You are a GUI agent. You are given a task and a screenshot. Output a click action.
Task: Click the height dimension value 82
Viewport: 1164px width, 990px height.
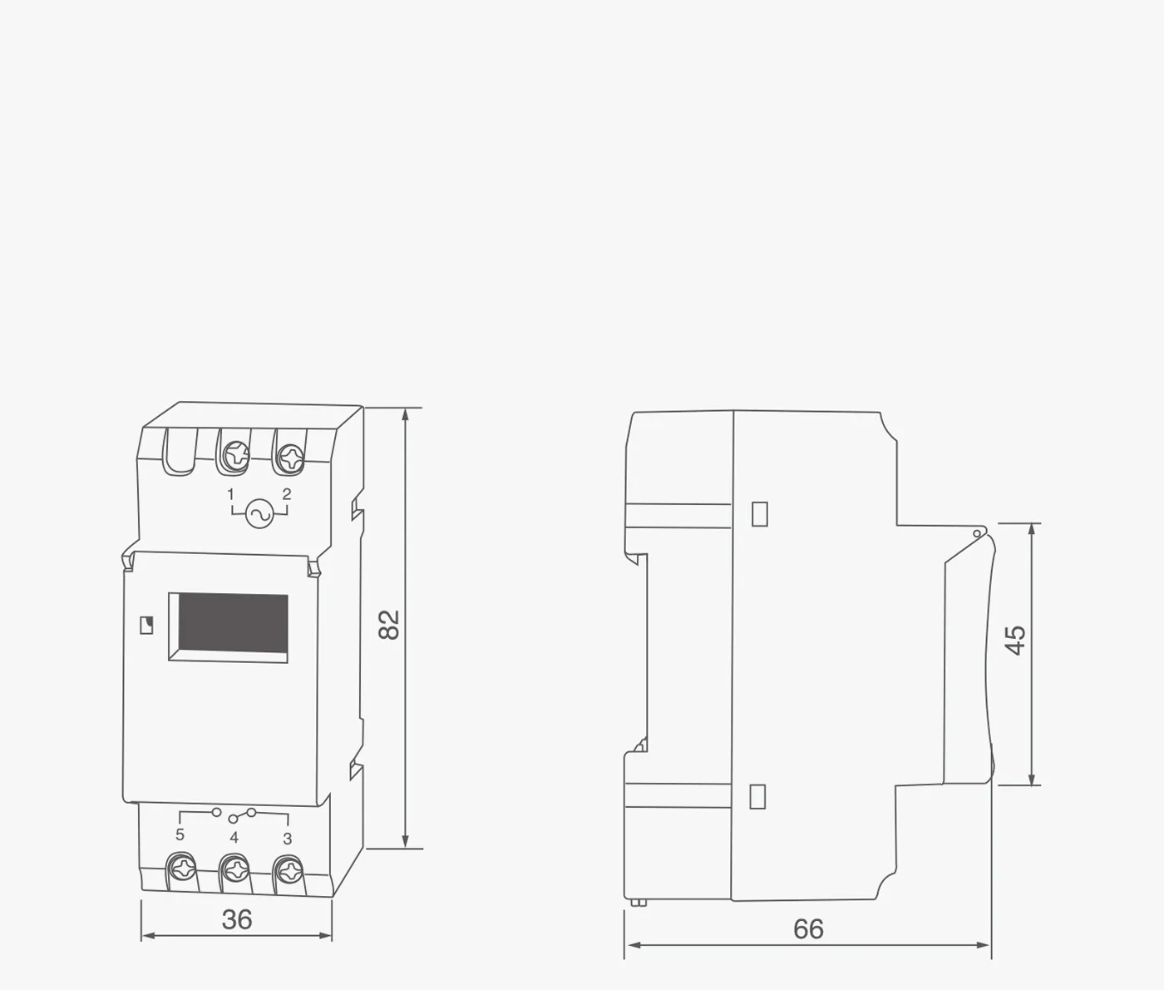[389, 625]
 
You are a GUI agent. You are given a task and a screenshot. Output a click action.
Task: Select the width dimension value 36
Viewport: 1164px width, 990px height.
[237, 920]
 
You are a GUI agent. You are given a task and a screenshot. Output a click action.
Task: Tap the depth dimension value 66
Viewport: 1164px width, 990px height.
[809, 929]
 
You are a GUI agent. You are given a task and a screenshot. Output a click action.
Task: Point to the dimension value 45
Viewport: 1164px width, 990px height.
[1015, 640]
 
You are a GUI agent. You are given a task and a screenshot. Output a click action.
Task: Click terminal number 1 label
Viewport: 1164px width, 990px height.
[230, 494]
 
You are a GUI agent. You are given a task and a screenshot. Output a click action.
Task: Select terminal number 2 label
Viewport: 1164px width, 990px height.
[287, 494]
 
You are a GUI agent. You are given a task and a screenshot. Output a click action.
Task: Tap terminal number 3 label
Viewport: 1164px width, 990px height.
[287, 839]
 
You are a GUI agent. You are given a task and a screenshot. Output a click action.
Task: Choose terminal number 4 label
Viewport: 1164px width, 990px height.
[234, 837]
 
